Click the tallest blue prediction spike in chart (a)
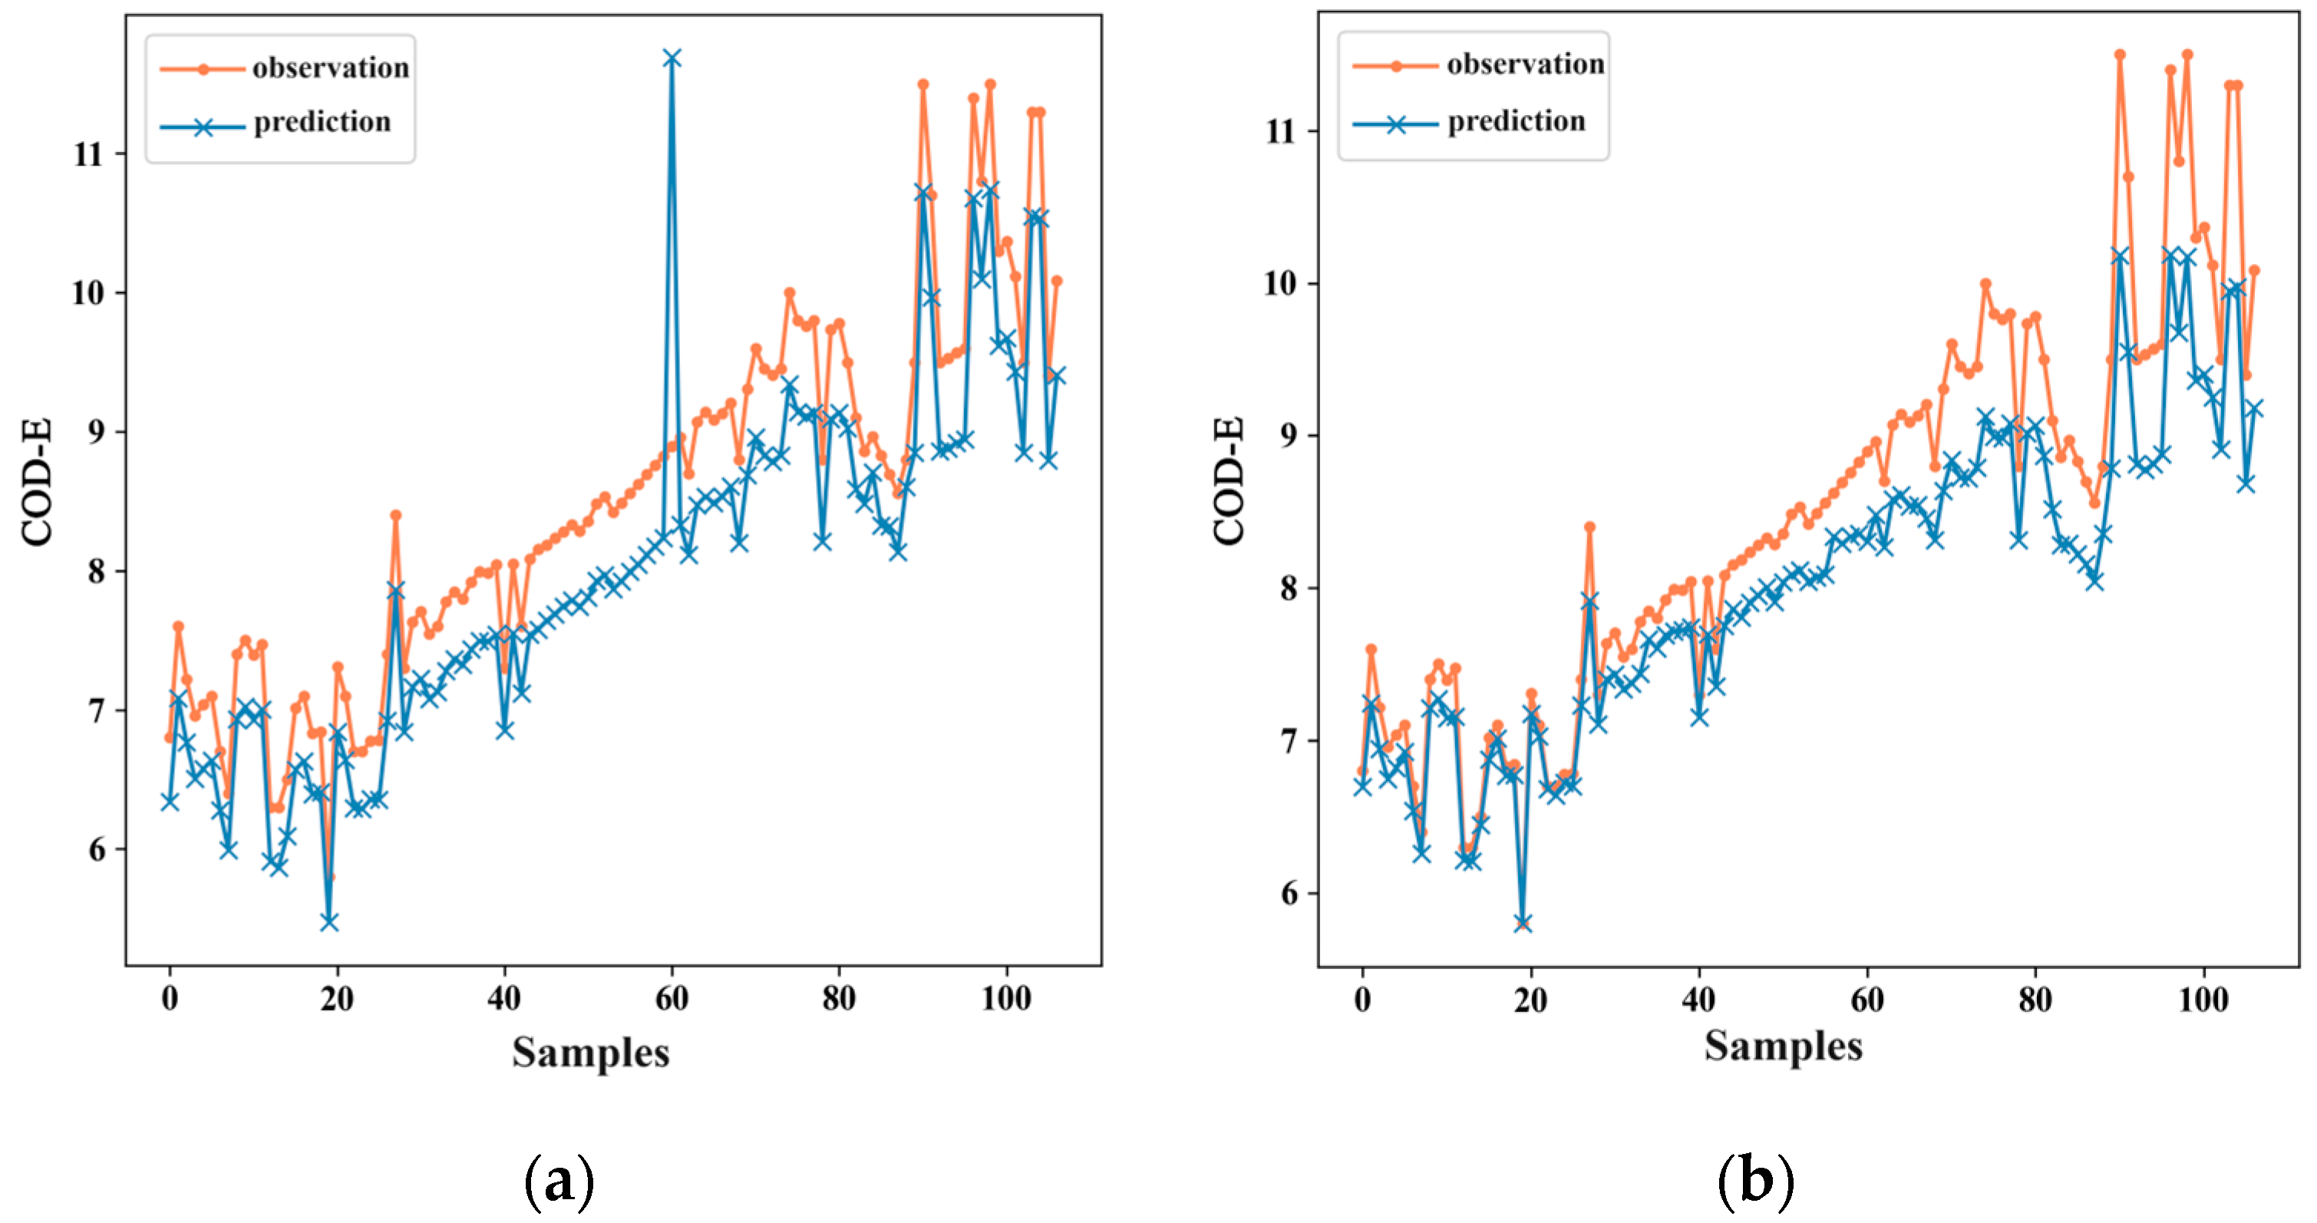click(x=671, y=58)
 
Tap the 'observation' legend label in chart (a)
click(x=330, y=68)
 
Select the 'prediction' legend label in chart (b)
click(x=1516, y=121)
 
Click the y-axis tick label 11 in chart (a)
click(x=88, y=155)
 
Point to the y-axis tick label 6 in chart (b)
click(x=1288, y=894)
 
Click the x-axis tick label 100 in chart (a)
click(x=1005, y=998)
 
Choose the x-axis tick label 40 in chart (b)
click(x=1698, y=1000)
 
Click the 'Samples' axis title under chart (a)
click(x=591, y=1052)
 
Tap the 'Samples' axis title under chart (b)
click(x=1783, y=1047)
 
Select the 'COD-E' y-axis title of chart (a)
click(x=37, y=482)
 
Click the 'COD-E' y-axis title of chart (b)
click(x=1229, y=480)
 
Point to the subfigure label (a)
click(x=559, y=1182)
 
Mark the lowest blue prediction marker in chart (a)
click(x=329, y=921)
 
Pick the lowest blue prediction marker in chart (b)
click(x=1522, y=923)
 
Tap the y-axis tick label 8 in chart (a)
click(x=96, y=572)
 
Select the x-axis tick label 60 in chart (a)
click(x=671, y=998)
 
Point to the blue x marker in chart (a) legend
click(x=203, y=127)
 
